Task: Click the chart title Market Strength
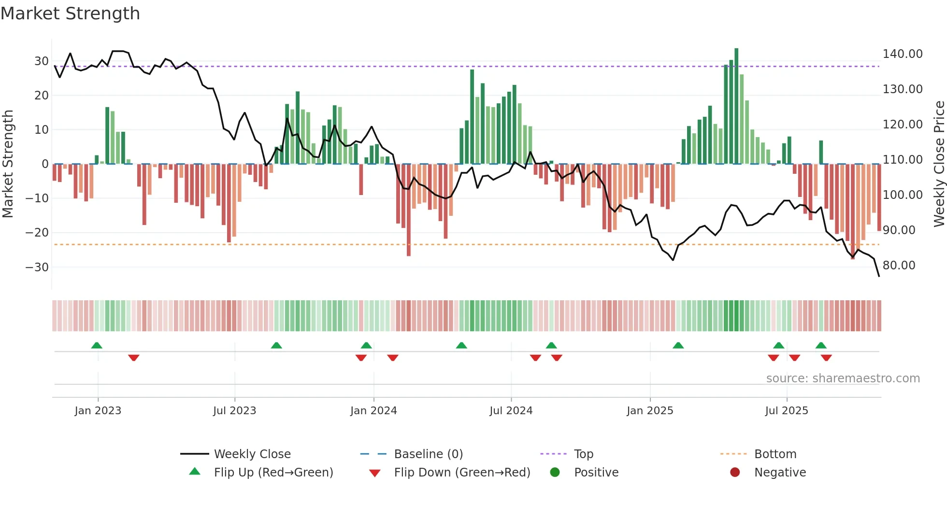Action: pyautogui.click(x=70, y=14)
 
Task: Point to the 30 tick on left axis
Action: pyautogui.click(x=41, y=61)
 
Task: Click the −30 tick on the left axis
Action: pyautogui.click(x=37, y=267)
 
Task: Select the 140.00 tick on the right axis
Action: pyautogui.click(x=902, y=54)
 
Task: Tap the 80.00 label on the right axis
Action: pyautogui.click(x=899, y=266)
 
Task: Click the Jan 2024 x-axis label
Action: pyautogui.click(x=373, y=411)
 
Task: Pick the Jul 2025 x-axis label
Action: pyautogui.click(x=786, y=411)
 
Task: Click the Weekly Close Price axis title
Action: pyautogui.click(x=939, y=164)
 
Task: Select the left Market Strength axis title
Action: pyautogui.click(x=8, y=164)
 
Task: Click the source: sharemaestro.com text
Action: pyautogui.click(x=843, y=378)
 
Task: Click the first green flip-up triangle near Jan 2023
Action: pyautogui.click(x=97, y=346)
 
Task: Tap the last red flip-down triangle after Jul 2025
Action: pyautogui.click(x=826, y=358)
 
